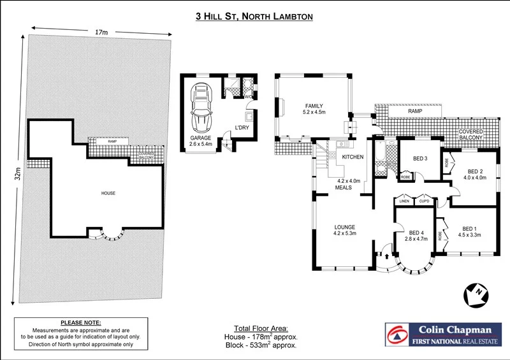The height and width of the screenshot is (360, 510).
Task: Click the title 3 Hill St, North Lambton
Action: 254,17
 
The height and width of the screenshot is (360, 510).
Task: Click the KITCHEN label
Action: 353,157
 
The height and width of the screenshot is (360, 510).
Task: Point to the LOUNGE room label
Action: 345,227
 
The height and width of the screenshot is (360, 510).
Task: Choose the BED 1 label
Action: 469,228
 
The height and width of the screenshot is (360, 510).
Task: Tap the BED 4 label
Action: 416,232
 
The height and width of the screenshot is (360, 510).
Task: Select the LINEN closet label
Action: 404,201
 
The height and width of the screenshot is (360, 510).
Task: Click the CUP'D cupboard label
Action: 423,201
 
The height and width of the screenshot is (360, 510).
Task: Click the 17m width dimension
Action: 101,31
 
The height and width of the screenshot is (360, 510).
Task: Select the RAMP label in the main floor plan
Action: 415,111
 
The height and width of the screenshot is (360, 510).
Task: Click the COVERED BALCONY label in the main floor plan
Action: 471,134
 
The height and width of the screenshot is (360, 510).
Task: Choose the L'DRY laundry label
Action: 242,127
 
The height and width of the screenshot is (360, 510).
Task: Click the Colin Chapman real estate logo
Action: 442,334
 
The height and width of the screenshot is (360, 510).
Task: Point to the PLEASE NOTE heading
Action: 80,323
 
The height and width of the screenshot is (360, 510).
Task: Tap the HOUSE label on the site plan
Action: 108,192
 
